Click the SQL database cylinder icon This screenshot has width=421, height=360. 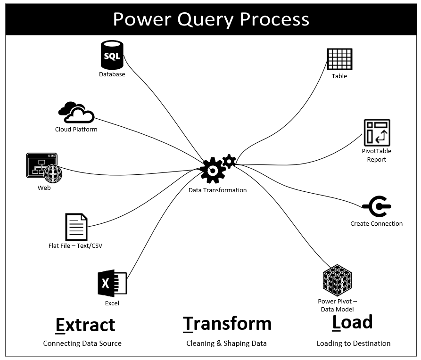pos(112,55)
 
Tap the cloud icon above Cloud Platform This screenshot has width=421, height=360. pos(76,113)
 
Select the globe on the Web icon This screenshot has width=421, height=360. pos(53,173)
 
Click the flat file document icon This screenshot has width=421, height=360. pos(76,227)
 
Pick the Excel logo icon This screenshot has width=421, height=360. pos(112,283)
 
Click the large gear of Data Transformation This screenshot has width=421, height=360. pos(213,170)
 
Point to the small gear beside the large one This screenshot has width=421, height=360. pos(229,161)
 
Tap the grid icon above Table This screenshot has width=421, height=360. pos(339,59)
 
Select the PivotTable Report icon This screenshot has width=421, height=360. pos(377,132)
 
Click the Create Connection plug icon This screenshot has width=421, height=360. pos(376,206)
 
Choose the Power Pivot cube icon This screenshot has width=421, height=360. pos(337,280)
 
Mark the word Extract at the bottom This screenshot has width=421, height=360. pos(85,325)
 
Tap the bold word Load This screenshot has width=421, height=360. pos(352,322)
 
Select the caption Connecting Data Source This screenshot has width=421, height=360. pos(82,344)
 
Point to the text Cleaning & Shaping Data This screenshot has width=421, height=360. pos(226,344)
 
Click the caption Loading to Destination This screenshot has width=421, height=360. pos(353,344)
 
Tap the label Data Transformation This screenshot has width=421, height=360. pos(217,190)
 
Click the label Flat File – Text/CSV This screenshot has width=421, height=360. pos(75,245)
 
